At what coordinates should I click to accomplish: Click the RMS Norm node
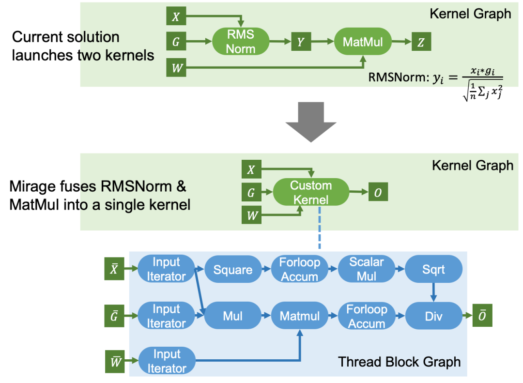point(241,42)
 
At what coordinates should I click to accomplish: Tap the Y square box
point(301,42)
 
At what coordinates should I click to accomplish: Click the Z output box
point(421,42)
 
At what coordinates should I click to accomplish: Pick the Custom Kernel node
point(311,192)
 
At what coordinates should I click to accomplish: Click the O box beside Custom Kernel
point(378,193)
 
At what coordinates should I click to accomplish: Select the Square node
point(233,269)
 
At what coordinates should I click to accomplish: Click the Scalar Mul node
point(367,269)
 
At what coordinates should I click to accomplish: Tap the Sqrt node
point(433,269)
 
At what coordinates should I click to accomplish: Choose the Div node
point(433,316)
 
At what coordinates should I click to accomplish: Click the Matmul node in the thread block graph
point(300,316)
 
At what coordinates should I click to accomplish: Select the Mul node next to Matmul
point(233,316)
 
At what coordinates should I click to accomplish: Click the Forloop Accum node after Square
point(300,269)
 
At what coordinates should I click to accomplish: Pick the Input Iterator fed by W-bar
point(167,361)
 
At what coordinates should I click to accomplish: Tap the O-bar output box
point(482,316)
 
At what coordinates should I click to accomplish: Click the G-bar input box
point(114,316)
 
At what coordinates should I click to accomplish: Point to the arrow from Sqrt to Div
point(433,292)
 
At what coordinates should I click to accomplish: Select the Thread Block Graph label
point(399,362)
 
